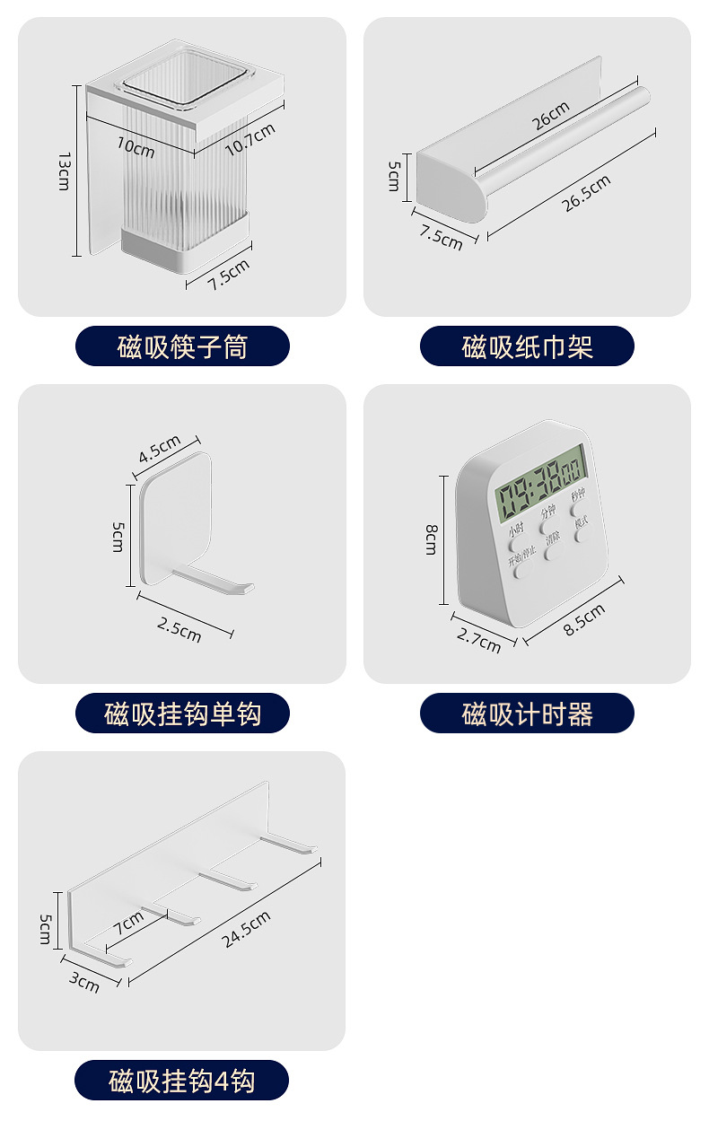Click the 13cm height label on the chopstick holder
[x=64, y=171]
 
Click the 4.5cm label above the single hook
[x=159, y=449]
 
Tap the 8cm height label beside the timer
[x=431, y=539]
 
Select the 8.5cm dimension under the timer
[x=583, y=619]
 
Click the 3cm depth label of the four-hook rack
[x=84, y=981]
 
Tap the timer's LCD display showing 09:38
[x=542, y=489]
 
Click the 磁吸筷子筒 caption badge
[x=182, y=346]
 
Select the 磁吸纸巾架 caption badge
[x=527, y=346]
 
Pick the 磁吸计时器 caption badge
[x=527, y=714]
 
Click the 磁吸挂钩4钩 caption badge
[x=182, y=1081]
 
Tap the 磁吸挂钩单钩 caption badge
[x=182, y=714]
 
